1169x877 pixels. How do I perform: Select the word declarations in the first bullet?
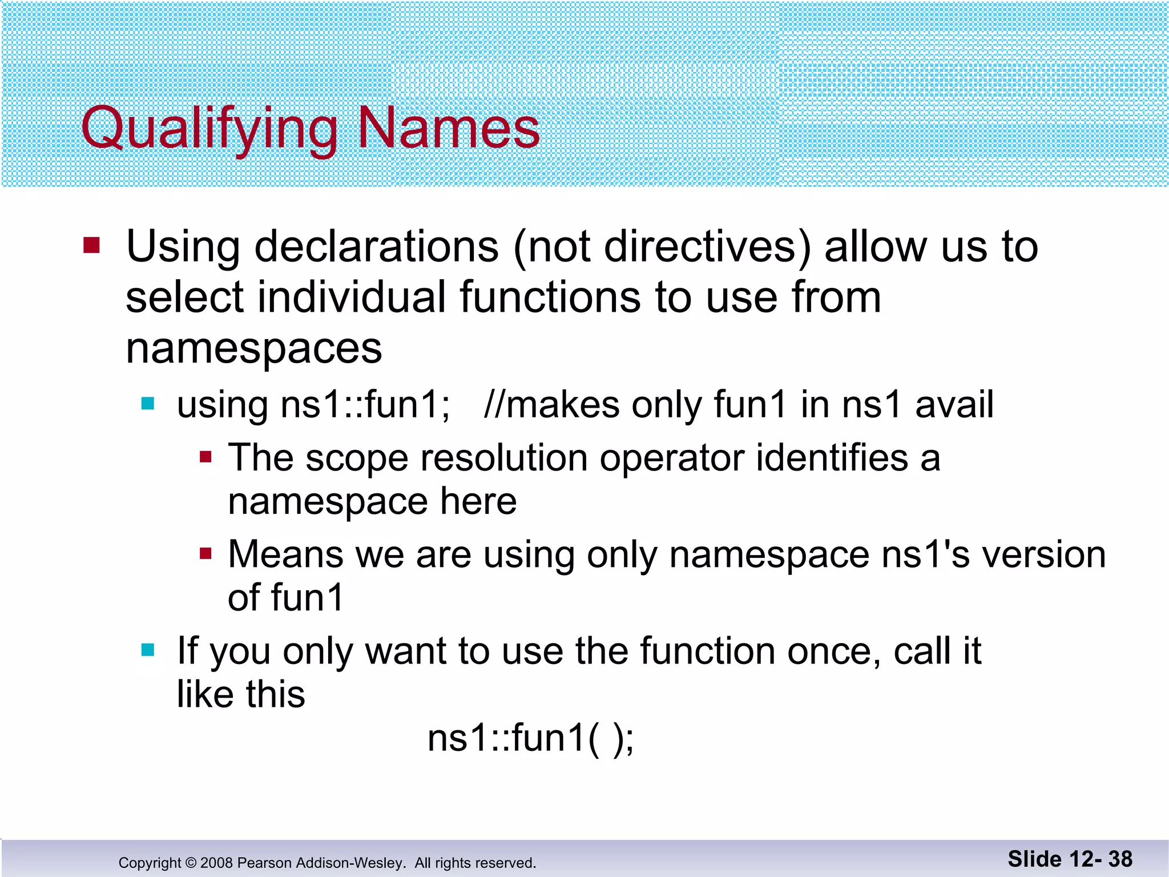pyautogui.click(x=376, y=247)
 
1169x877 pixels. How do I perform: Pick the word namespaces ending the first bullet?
pyautogui.click(x=253, y=348)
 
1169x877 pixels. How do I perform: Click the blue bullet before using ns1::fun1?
pyautogui.click(x=148, y=404)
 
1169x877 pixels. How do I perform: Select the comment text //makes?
pyautogui.click(x=551, y=404)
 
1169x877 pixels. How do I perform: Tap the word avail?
pyautogui.click(x=954, y=404)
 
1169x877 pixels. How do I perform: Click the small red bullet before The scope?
pyautogui.click(x=205, y=457)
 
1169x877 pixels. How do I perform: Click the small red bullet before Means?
pyautogui.click(x=205, y=553)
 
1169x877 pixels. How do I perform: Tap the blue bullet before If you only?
pyautogui.click(x=148, y=650)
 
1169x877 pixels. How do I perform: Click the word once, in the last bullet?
pyautogui.click(x=834, y=651)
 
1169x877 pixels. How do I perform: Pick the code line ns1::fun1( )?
pyautogui.click(x=530, y=738)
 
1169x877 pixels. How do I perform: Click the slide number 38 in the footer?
pyautogui.click(x=1120, y=859)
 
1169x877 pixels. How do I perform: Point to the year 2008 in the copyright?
pyautogui.click(x=216, y=863)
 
